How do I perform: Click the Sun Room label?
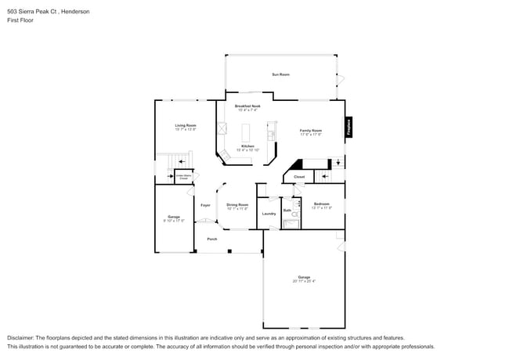(x=280, y=74)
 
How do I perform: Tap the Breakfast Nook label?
(x=247, y=106)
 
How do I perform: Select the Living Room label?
(x=186, y=125)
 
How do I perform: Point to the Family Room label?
(x=311, y=131)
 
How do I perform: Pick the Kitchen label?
(x=247, y=146)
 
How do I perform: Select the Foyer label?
(x=205, y=205)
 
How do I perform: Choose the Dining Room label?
(x=237, y=204)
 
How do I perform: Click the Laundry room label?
(x=269, y=213)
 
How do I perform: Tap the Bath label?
(x=287, y=210)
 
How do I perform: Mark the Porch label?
(x=211, y=239)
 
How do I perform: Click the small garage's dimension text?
(x=174, y=221)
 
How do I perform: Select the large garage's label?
(x=304, y=277)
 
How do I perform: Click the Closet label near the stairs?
(x=299, y=177)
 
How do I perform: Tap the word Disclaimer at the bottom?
(x=21, y=337)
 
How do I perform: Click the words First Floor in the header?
(x=21, y=20)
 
